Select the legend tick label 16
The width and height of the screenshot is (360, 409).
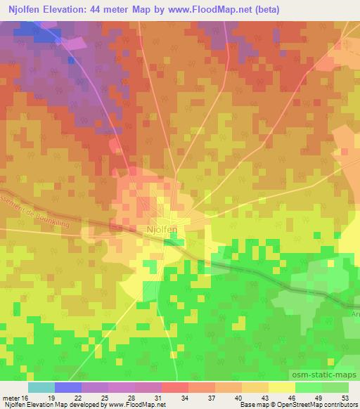pos(25,397)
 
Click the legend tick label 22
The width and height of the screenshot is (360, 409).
pos(78,397)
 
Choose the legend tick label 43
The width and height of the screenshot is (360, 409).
pos(267,397)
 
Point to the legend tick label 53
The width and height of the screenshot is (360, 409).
pos(345,397)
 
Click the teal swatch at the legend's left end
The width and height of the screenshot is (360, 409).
pos(41,387)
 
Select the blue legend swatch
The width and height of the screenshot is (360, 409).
pos(67,387)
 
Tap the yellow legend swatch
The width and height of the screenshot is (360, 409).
pos(281,387)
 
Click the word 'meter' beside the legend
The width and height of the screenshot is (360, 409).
pos(11,397)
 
